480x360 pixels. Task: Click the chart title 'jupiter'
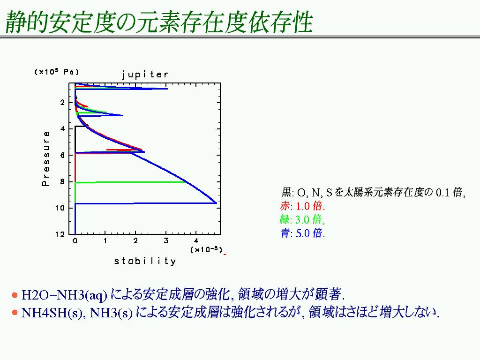(145, 75)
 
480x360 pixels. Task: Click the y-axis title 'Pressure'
(45, 158)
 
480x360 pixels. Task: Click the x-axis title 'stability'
(145, 261)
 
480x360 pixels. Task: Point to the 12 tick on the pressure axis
(60, 234)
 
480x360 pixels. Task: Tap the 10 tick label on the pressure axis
(60, 208)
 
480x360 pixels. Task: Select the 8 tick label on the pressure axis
(62, 181)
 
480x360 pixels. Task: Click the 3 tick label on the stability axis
(165, 241)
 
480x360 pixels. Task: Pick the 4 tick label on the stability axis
(196, 241)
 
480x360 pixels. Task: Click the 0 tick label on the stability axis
(75, 241)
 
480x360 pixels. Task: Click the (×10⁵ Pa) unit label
(57, 72)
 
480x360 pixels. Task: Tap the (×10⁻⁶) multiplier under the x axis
(206, 249)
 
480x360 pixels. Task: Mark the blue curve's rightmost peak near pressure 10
(216, 202)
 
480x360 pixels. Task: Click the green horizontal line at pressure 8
(130, 182)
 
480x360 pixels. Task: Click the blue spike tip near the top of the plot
(167, 89)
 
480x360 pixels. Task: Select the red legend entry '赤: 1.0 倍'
(302, 206)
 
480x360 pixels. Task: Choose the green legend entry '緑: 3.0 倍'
(302, 219)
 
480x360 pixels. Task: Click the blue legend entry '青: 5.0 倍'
(302, 233)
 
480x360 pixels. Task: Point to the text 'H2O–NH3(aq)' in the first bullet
(64, 295)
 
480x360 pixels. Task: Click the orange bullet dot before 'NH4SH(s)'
(15, 313)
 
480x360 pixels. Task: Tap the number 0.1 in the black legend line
(442, 192)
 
